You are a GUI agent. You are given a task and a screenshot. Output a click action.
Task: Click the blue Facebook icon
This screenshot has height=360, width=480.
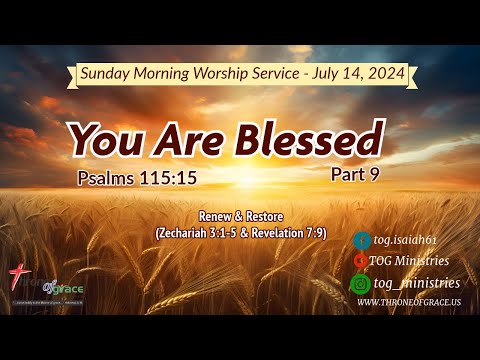tap(362, 240)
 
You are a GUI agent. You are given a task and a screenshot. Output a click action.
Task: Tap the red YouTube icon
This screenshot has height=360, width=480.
tap(362, 261)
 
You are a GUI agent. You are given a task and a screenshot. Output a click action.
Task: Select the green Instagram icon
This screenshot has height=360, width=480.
tap(362, 283)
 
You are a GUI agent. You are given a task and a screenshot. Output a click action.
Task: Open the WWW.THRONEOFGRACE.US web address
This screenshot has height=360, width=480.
tap(408, 302)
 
